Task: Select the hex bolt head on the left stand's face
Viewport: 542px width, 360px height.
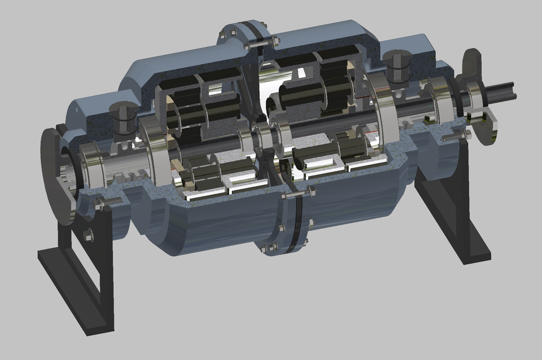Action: [89, 234]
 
